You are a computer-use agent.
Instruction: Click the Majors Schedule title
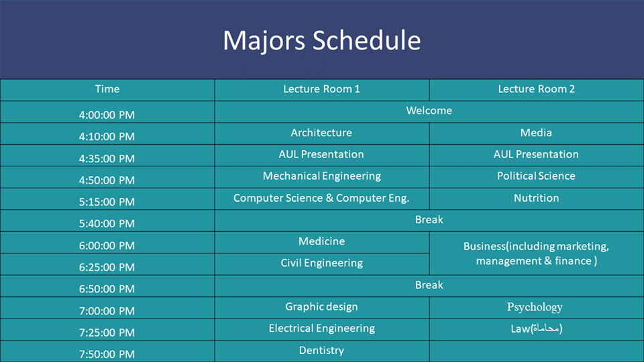(321, 41)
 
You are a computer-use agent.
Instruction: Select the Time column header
(107, 89)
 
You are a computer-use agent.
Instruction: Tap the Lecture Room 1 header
(321, 89)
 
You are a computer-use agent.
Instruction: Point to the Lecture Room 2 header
(537, 89)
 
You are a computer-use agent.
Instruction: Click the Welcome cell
(429, 111)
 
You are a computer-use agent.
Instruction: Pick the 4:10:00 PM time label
(107, 137)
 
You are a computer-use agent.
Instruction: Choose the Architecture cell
(321, 133)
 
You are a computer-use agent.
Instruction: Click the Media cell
(537, 133)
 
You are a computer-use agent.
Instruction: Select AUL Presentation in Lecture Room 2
(537, 154)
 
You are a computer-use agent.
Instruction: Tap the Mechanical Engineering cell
(321, 176)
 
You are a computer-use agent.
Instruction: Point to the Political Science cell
(537, 176)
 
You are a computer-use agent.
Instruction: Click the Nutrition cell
(537, 198)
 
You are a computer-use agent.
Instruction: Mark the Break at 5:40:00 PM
(429, 220)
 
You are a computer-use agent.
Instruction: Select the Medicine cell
(321, 241)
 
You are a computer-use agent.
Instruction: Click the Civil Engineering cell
(321, 263)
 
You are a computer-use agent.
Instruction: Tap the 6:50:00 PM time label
(107, 289)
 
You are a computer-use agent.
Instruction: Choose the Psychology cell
(535, 308)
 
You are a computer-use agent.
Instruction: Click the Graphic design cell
(321, 307)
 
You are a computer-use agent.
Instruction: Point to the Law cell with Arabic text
(537, 328)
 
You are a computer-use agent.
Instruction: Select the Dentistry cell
(321, 351)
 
